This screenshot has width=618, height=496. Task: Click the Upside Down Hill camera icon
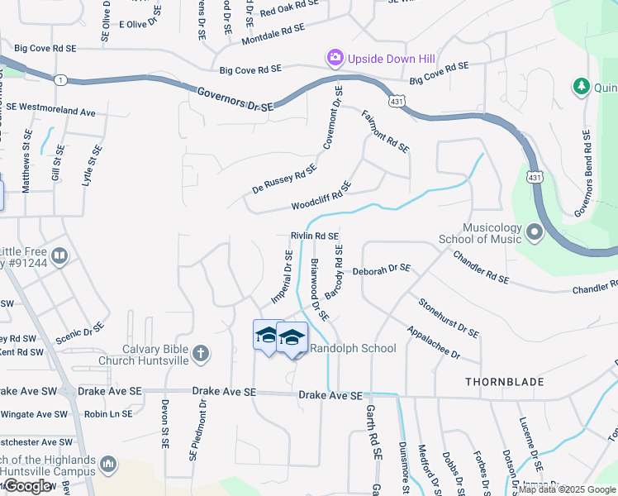click(x=335, y=58)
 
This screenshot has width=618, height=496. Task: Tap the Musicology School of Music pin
click(x=533, y=233)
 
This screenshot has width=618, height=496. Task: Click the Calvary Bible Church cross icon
click(x=200, y=355)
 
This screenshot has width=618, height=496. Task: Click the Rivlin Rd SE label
click(x=315, y=236)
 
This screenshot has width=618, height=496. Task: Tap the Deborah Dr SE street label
click(x=381, y=269)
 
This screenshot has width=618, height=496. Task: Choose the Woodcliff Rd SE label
click(x=321, y=196)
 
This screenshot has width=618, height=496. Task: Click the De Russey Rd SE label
click(x=284, y=178)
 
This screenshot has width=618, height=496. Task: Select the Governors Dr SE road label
click(x=235, y=99)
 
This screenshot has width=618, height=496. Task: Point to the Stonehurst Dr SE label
click(x=449, y=317)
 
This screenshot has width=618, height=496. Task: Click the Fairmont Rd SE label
click(x=386, y=132)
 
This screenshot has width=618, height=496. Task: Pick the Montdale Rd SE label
click(x=273, y=34)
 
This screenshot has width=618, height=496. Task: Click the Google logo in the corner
click(x=28, y=486)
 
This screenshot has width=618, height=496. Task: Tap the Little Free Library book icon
click(x=59, y=256)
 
